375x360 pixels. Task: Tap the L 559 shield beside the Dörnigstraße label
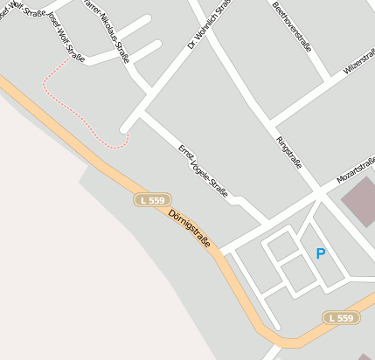[151, 200]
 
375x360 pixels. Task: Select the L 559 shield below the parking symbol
[341, 318]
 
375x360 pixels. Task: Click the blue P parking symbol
[321, 254]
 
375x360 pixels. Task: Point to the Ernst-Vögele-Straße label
[203, 170]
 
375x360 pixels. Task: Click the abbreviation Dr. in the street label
[192, 44]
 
